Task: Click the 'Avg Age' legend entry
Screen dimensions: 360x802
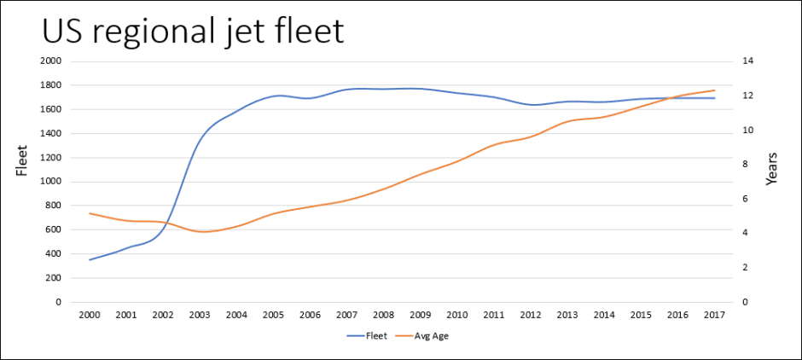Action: click(x=431, y=335)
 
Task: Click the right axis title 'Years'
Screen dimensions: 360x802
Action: click(x=771, y=170)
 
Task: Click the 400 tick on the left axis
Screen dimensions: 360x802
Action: click(x=54, y=254)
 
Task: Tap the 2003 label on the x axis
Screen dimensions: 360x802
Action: click(x=200, y=315)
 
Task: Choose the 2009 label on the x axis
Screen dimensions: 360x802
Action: click(x=421, y=315)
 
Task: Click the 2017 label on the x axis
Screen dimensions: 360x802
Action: click(x=715, y=315)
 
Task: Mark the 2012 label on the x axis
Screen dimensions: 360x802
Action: click(x=531, y=315)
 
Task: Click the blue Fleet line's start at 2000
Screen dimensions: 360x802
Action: click(x=90, y=259)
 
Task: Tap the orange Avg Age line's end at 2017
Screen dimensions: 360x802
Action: click(x=715, y=90)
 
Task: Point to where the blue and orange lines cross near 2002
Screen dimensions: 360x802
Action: click(x=166, y=224)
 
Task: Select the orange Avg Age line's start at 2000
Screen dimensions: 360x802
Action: click(x=90, y=213)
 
